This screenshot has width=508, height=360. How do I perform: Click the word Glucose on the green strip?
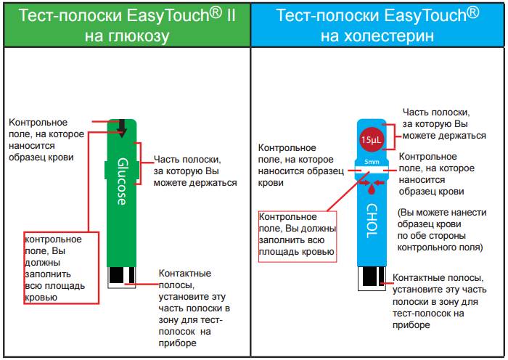tap(121, 181)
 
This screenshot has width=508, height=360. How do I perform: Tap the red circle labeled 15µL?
tap(371, 139)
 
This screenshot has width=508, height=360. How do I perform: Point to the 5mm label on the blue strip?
tap(371, 161)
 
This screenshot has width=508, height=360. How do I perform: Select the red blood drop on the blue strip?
tap(372, 189)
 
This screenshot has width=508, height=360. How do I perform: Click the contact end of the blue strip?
tap(372, 277)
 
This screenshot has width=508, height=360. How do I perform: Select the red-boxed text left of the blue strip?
tap(298, 234)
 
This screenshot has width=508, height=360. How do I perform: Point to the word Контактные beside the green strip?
tap(184, 274)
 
